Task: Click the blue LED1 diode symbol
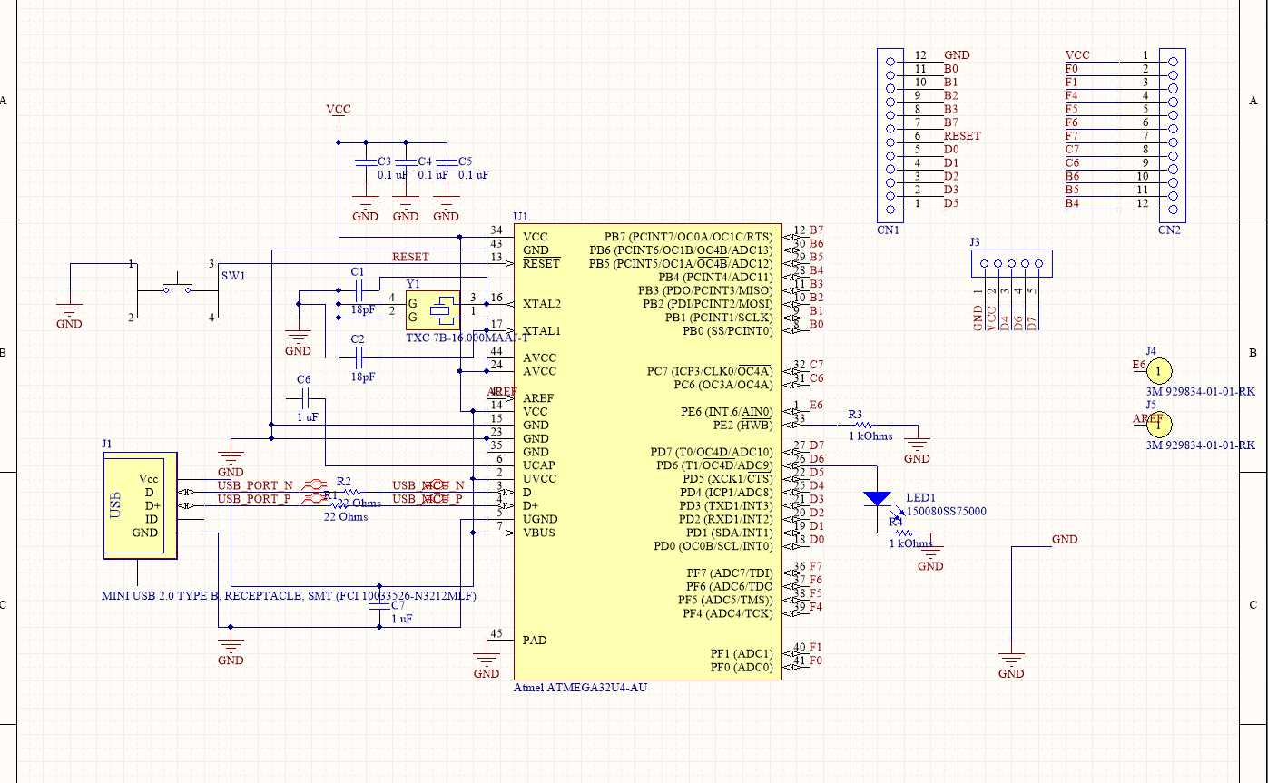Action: point(877,498)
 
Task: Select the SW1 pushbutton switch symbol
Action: point(178,289)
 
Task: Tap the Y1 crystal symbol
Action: point(441,309)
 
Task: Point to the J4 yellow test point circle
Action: point(1158,370)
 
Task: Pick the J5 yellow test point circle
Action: point(1158,424)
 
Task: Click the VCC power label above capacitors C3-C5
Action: point(339,110)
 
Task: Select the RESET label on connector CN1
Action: point(962,136)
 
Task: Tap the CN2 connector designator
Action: point(1169,230)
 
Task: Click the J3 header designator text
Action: point(975,242)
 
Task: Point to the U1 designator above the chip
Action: point(520,217)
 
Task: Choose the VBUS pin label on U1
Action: point(539,533)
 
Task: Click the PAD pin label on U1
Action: point(535,640)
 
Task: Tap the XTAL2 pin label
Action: point(543,303)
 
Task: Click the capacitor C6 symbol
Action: point(304,397)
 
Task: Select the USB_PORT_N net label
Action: point(255,484)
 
